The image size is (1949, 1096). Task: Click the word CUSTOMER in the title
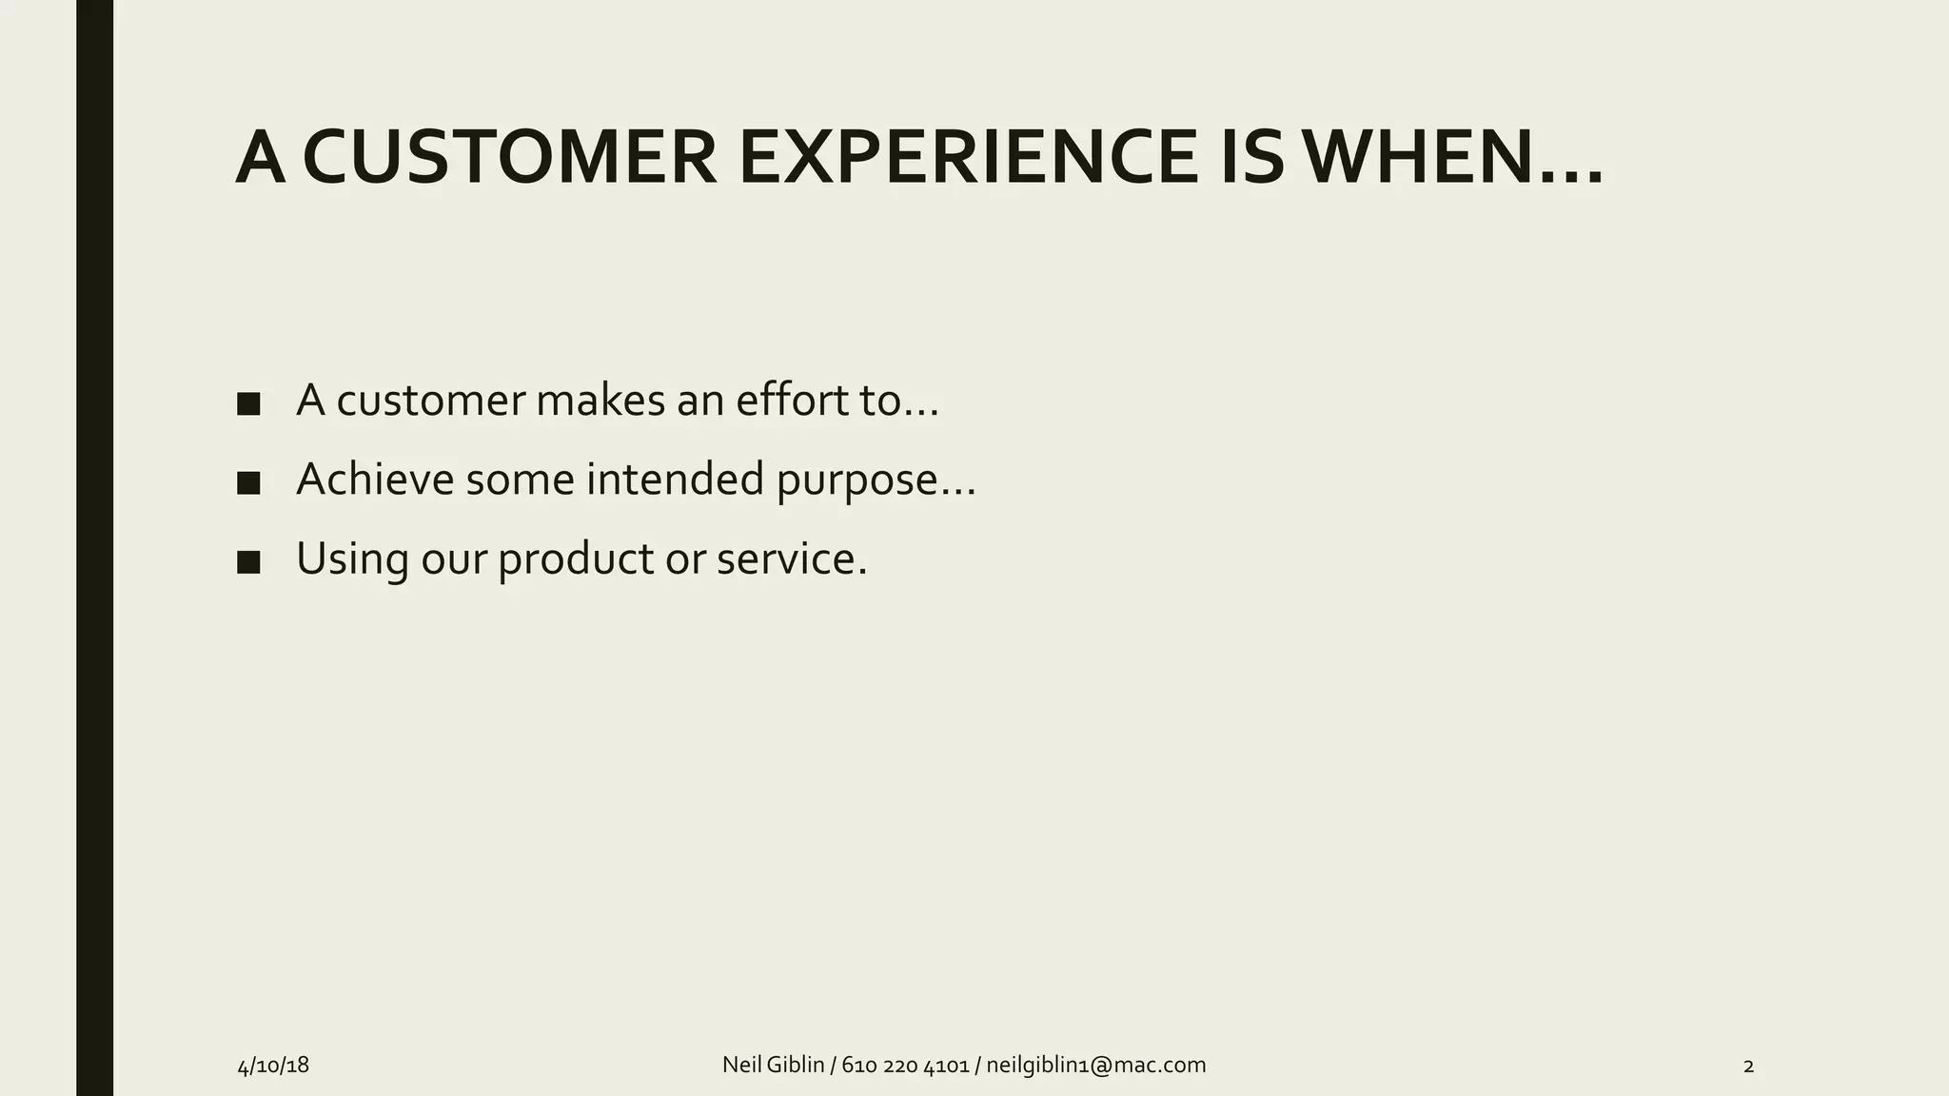509,157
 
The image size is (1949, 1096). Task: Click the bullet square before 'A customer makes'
248,403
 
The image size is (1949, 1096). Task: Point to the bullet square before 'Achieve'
248,482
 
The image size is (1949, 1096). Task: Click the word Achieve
375,479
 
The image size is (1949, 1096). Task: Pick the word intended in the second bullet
675,479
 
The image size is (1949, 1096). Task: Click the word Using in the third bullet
352,559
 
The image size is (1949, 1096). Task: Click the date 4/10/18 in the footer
273,1066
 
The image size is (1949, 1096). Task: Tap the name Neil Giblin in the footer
773,1065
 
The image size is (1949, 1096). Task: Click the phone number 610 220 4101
905,1065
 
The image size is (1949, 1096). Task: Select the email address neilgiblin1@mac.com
1095,1065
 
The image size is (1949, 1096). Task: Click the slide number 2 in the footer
1748,1067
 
